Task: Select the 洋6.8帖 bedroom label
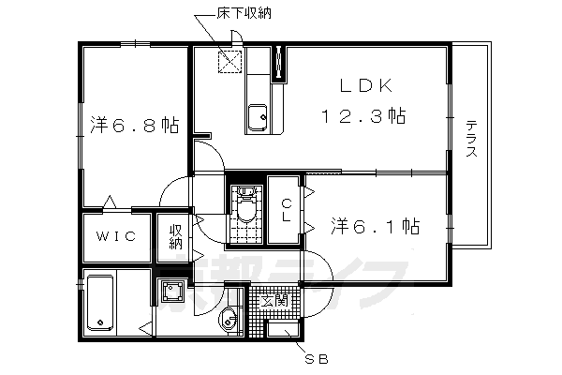click(134, 125)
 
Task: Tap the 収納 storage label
click(175, 236)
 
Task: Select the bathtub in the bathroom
click(99, 302)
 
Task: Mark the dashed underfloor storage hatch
click(229, 62)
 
